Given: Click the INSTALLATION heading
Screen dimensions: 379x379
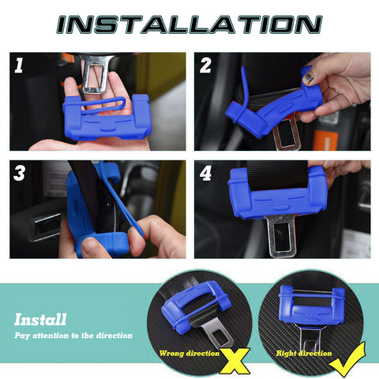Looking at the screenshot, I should pos(189,24).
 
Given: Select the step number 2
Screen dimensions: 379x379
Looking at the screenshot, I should pos(206,66).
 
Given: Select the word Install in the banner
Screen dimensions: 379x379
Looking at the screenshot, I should pos(40,320).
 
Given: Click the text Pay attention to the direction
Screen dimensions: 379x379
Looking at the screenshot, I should pos(73,336).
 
